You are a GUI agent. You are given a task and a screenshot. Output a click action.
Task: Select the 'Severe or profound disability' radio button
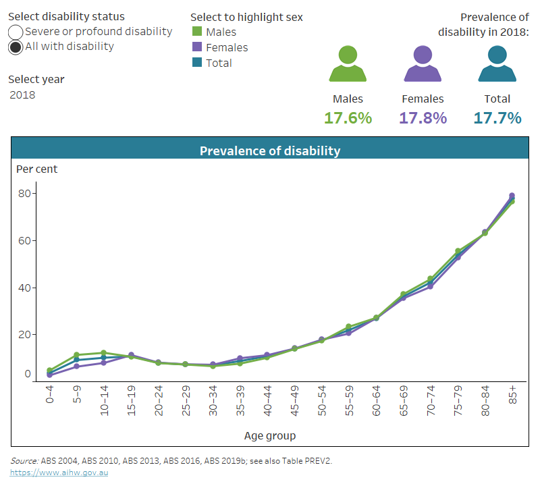click(16, 32)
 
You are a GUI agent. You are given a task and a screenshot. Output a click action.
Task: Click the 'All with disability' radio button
click(16, 47)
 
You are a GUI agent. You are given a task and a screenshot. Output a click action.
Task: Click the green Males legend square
click(197, 32)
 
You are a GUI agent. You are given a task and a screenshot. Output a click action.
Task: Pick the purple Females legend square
click(197, 47)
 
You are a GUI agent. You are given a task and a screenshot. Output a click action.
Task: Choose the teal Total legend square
click(197, 63)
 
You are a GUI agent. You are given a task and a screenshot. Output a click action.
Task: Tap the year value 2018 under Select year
click(22, 94)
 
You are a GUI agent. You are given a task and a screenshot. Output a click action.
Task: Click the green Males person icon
click(348, 65)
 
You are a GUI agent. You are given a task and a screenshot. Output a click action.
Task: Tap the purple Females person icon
click(423, 65)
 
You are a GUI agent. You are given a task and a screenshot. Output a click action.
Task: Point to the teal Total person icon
click(497, 65)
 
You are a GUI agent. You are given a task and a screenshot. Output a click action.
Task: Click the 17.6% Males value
click(348, 118)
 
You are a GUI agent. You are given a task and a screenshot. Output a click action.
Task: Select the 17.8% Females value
click(423, 118)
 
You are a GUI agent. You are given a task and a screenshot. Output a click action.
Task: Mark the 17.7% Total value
click(497, 118)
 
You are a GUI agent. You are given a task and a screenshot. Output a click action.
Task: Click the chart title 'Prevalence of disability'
click(270, 151)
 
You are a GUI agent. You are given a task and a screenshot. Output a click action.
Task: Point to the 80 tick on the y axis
click(26, 194)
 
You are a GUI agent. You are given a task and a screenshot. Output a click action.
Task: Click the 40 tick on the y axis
click(26, 288)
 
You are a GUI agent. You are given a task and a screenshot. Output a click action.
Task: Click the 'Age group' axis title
click(270, 436)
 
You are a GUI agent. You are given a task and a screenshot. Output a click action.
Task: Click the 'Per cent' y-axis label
click(37, 169)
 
